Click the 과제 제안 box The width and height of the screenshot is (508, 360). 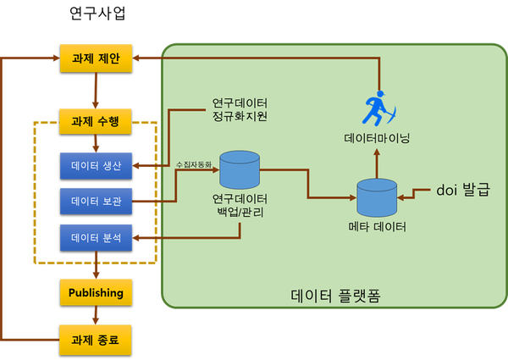coord(96,58)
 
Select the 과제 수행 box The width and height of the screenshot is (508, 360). coord(95,121)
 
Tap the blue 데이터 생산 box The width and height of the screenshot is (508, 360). coord(96,166)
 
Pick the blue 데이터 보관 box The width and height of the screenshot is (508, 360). coord(96,202)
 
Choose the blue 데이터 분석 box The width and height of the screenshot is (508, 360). coord(96,238)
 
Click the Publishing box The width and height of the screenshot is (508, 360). coord(96,292)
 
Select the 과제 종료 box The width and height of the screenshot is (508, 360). coord(95,340)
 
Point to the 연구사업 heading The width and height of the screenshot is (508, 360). coord(97,14)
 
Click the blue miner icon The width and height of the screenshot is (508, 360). coord(378,108)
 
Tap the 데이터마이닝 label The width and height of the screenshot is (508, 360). coord(377,138)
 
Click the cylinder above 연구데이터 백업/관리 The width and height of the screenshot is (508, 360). coord(240,169)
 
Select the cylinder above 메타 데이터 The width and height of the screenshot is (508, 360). coord(377,197)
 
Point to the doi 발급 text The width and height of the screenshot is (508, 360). coord(463,190)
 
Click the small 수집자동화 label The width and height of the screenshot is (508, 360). coord(193,164)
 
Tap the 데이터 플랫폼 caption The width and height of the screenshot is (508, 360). coord(335,296)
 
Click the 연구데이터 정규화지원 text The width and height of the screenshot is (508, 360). coord(240,109)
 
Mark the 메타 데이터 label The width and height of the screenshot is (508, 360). coord(377,226)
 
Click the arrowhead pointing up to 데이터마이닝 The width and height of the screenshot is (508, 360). coord(377,152)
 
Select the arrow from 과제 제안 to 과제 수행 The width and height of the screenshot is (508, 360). coord(96,91)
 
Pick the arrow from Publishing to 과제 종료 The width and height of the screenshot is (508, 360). coord(96,315)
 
